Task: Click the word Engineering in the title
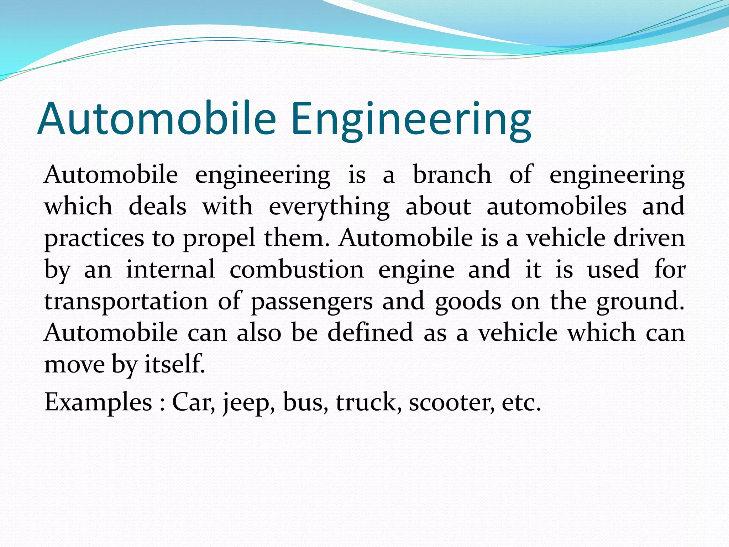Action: pos(411,119)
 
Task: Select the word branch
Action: pos(452,175)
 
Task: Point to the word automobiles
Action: pos(556,207)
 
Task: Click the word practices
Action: pos(94,239)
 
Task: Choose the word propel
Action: pos(219,239)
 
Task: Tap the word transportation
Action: pos(126,301)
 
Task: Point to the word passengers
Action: pos(312,302)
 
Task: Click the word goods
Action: pos(468,301)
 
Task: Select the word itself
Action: pos(175,364)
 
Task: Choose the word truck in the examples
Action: pos(367,402)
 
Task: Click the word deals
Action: pos(157,207)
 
